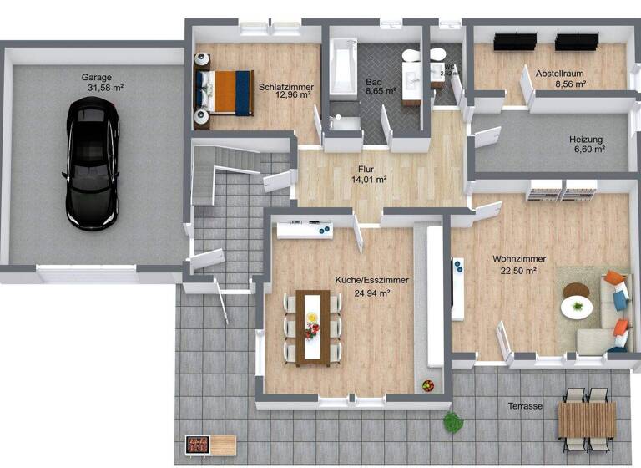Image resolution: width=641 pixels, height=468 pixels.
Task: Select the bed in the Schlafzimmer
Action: [223, 92]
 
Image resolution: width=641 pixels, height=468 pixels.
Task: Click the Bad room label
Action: [373, 82]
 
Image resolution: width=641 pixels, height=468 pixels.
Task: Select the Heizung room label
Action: [586, 140]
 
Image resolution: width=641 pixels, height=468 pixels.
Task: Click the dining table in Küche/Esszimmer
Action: [313, 326]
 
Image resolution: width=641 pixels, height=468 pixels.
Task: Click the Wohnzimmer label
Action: [514, 259]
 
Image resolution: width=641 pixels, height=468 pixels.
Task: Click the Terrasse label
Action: [526, 407]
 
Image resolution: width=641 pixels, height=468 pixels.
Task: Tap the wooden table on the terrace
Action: [587, 419]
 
